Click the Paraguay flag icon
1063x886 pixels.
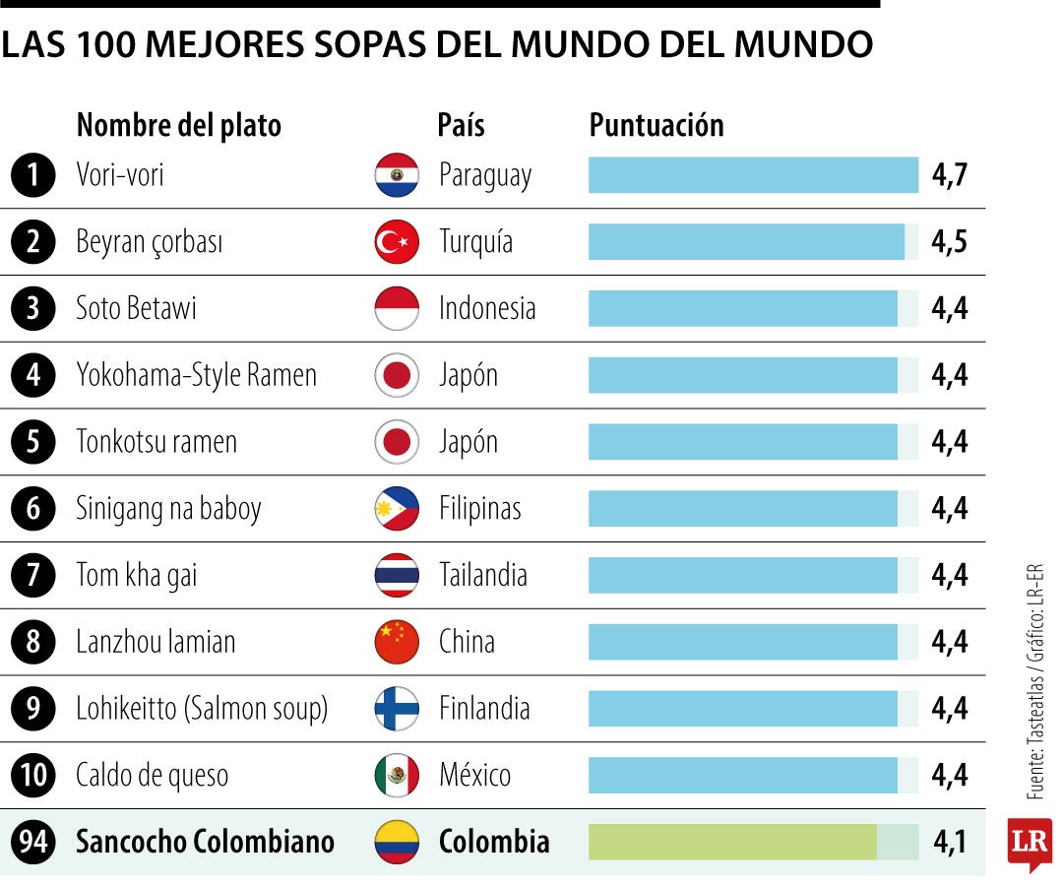click(397, 175)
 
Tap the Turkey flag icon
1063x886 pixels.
click(397, 241)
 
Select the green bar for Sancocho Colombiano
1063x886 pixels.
click(732, 842)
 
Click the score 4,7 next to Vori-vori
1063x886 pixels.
click(949, 175)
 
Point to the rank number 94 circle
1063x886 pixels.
click(33, 842)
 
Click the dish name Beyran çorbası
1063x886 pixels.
click(150, 242)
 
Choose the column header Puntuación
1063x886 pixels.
click(657, 125)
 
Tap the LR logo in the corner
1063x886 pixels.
click(1030, 844)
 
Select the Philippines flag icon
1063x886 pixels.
click(397, 508)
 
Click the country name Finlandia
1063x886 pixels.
click(484, 709)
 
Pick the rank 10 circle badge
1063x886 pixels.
click(33, 775)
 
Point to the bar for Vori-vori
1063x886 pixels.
click(753, 175)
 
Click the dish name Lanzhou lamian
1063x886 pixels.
click(156, 641)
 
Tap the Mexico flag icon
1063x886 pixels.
click(397, 775)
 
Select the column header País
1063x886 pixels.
click(461, 125)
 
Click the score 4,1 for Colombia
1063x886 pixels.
click(950, 842)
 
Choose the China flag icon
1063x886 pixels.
click(397, 641)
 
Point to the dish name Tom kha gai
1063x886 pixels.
click(136, 576)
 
